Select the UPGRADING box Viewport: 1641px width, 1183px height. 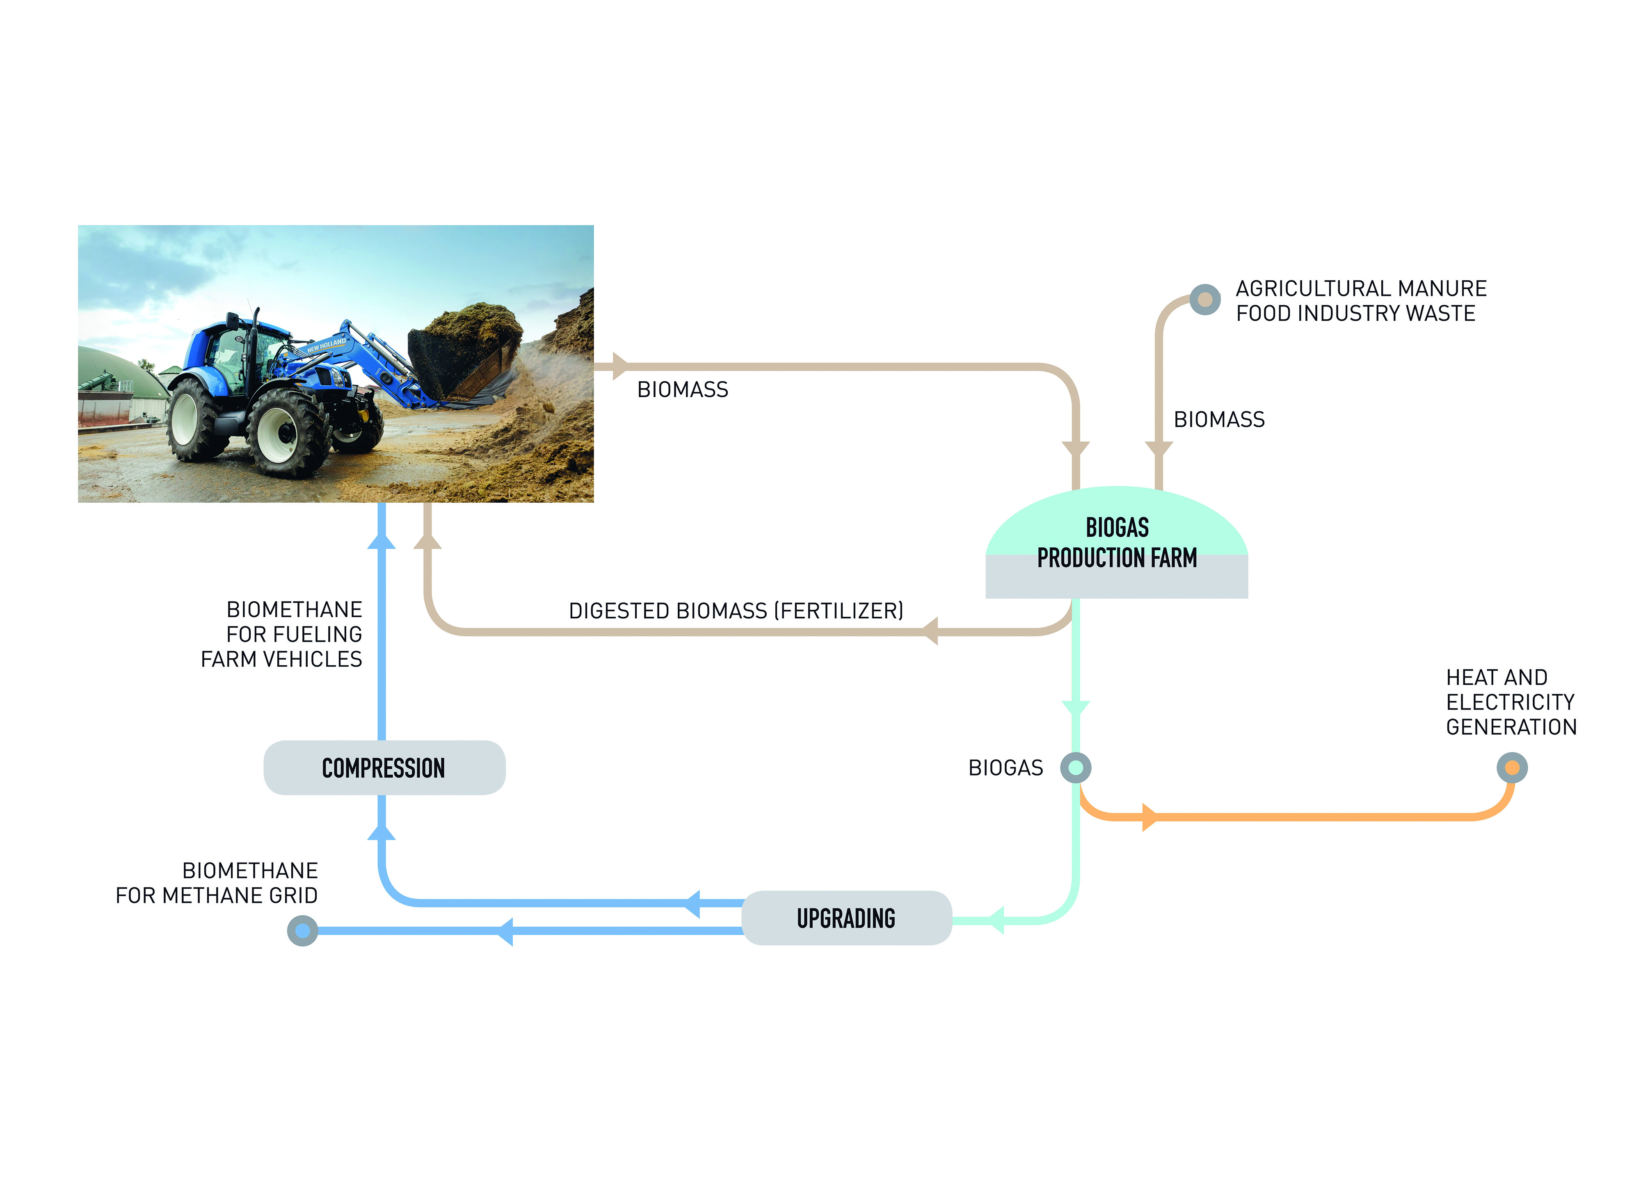coord(846,918)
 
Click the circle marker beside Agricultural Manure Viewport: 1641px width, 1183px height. coord(1205,299)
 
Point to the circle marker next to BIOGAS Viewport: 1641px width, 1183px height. coord(1075,767)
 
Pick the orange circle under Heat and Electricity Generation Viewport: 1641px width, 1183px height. coord(1511,767)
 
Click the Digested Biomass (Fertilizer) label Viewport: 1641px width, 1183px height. coord(736,611)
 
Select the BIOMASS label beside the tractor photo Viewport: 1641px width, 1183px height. coord(682,389)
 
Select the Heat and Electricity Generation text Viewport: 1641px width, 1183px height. coord(1511,702)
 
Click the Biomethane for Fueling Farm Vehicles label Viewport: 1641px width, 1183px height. coord(282,634)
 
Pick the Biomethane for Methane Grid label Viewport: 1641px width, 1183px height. coord(217,883)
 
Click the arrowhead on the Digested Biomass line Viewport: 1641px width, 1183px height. coord(930,632)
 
